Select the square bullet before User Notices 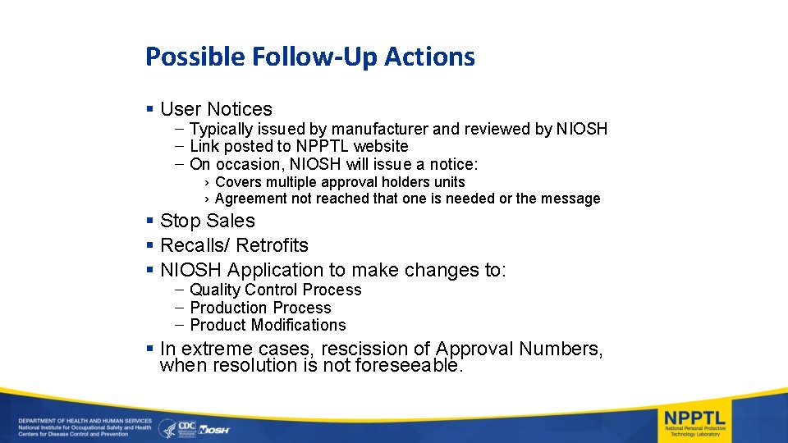(x=149, y=109)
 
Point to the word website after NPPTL (x=381, y=146)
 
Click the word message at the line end (x=571, y=199)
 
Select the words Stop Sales (x=208, y=221)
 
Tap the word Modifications (x=299, y=325)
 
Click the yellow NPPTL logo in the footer (x=694, y=417)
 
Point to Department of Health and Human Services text (x=74, y=420)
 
